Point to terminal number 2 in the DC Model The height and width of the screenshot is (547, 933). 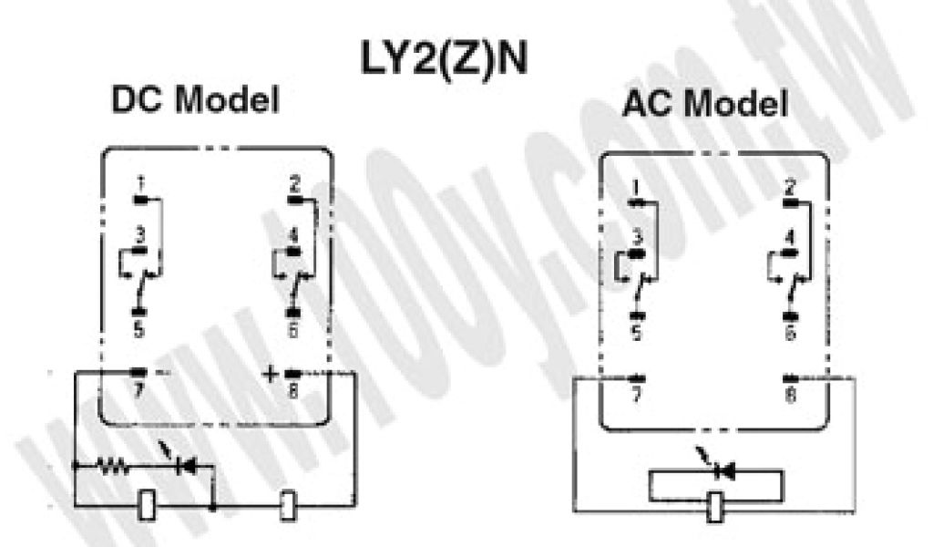coord(294,181)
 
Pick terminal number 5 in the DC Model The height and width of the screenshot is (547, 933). coord(138,330)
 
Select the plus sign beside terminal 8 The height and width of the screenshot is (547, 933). coord(270,373)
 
